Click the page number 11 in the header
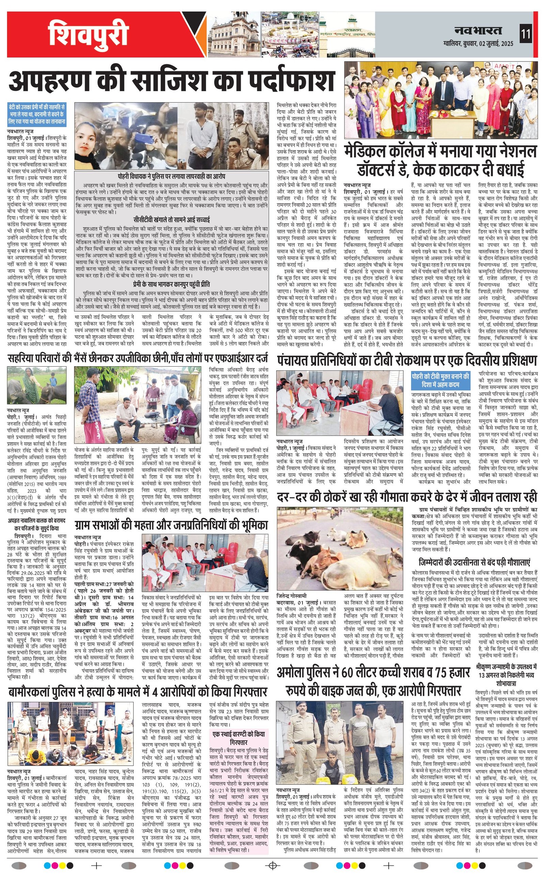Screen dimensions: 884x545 coord(526,35)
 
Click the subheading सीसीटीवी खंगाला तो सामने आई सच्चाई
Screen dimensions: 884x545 coord(171,220)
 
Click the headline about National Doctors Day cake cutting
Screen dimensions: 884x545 coord(440,161)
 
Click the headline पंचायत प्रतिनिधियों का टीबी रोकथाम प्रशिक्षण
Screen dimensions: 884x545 coord(407,361)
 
